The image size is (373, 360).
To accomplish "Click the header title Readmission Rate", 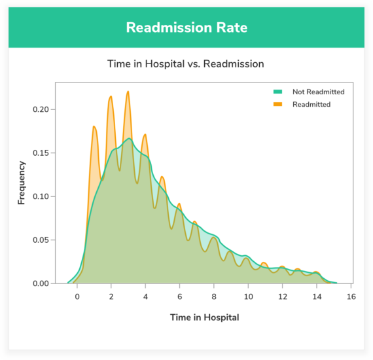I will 186,27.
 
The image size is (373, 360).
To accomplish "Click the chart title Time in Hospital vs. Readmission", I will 186,64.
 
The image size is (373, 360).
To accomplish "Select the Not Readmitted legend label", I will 318,92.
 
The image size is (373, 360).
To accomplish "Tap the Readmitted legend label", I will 311,104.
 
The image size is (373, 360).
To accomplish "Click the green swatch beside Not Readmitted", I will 277,92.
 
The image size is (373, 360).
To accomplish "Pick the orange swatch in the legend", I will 277,104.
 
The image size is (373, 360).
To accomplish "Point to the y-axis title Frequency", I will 22,183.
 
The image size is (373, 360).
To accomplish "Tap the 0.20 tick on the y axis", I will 41,109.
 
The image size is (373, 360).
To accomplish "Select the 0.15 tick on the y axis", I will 41,153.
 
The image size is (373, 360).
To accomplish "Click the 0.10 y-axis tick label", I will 41,196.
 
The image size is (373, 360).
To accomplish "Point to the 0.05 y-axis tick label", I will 41,240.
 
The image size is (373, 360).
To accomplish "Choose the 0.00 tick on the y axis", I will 41,283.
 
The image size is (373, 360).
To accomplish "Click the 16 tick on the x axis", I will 351,296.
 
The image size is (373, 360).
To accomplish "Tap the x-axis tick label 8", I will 214,296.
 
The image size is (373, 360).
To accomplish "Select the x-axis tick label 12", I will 282,296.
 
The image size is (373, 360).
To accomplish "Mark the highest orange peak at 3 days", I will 128,92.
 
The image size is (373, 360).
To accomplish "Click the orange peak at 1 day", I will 94,127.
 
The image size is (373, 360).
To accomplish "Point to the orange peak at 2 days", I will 111,97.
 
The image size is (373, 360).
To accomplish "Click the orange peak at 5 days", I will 162,177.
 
